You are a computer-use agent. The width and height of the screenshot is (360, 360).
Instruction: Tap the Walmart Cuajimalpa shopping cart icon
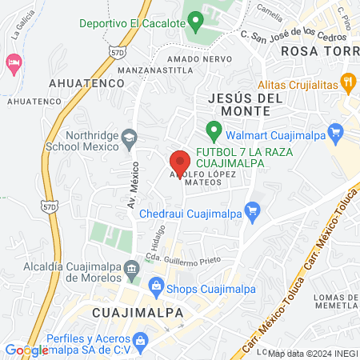pyautogui.click(x=337, y=129)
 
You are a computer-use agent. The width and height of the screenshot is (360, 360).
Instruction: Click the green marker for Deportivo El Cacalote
pyautogui.click(x=194, y=22)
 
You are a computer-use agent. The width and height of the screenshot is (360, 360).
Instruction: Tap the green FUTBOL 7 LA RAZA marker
pyautogui.click(x=213, y=129)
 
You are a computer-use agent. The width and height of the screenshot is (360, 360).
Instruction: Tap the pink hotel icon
pyautogui.click(x=13, y=62)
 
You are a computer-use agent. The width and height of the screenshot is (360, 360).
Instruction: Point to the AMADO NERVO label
pyautogui.click(x=200, y=58)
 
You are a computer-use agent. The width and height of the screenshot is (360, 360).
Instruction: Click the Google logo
pyautogui.click(x=26, y=349)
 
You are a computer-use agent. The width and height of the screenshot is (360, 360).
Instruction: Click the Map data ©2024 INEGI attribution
pyautogui.click(x=312, y=354)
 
